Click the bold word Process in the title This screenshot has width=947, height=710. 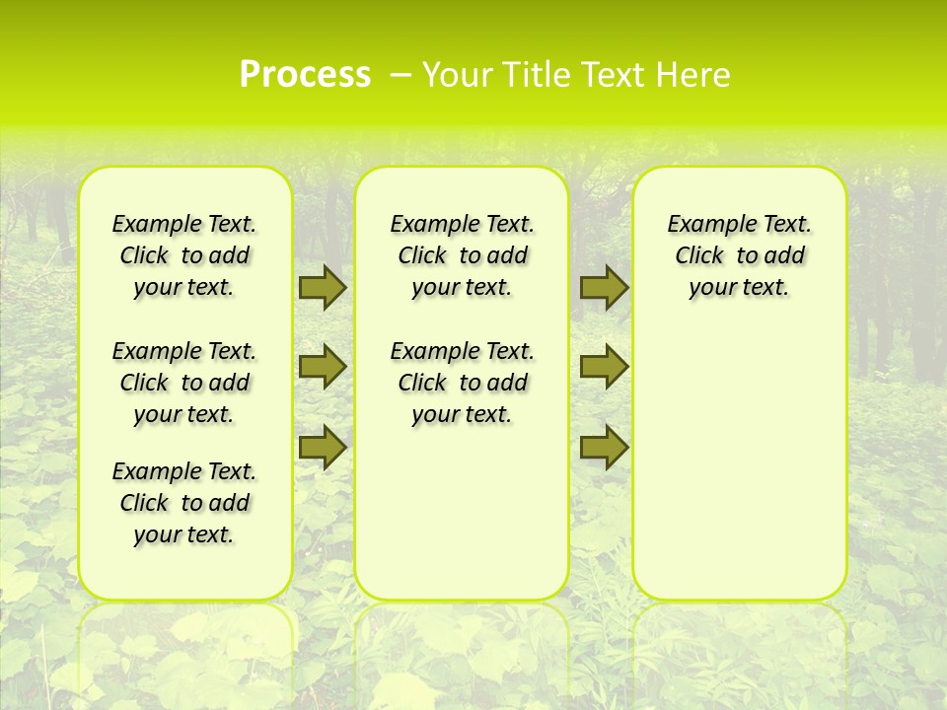point(305,75)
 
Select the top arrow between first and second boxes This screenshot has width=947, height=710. point(323,287)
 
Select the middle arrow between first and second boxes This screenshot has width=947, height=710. point(323,367)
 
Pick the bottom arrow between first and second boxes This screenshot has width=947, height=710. point(323,447)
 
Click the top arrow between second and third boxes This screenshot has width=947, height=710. point(604,287)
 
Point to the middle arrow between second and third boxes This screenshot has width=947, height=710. point(604,367)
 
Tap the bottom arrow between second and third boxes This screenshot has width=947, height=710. point(604,447)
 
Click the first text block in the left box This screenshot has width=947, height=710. point(184,255)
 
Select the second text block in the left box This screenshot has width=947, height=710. point(184,383)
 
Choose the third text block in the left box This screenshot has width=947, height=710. point(184,503)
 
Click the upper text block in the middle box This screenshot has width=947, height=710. point(462,255)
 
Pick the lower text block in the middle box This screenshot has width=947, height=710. point(462,383)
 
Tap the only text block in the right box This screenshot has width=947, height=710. point(739,255)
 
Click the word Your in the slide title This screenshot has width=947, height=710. point(454,75)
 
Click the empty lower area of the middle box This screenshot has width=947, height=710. point(462,513)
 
